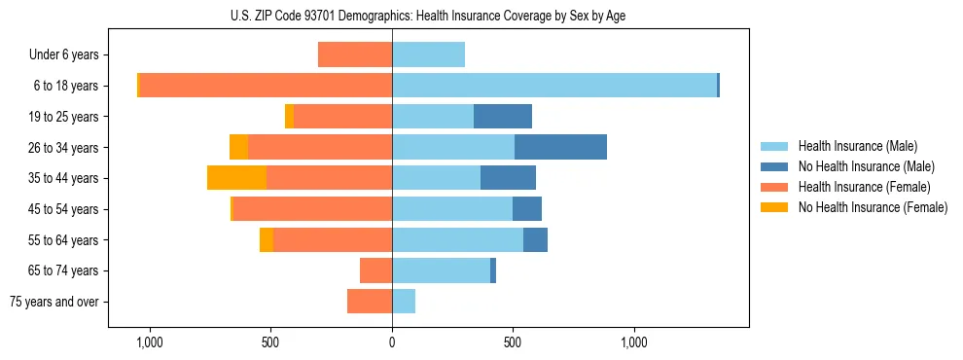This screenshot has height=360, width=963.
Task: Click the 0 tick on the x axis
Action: [392, 342]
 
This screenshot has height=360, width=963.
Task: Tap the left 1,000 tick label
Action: [150, 342]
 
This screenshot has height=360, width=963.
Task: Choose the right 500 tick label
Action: [513, 342]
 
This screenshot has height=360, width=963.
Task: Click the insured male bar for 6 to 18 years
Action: [554, 86]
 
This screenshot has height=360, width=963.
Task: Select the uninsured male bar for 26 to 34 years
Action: [560, 147]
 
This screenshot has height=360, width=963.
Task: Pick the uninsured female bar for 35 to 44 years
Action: [236, 178]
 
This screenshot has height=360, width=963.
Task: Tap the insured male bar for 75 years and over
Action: [404, 302]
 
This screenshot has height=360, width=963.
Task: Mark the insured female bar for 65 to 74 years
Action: [375, 270]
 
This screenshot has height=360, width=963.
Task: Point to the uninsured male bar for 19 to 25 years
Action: [503, 117]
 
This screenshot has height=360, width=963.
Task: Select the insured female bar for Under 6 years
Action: [355, 55]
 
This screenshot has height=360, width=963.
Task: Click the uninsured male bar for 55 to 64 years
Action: [535, 239]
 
